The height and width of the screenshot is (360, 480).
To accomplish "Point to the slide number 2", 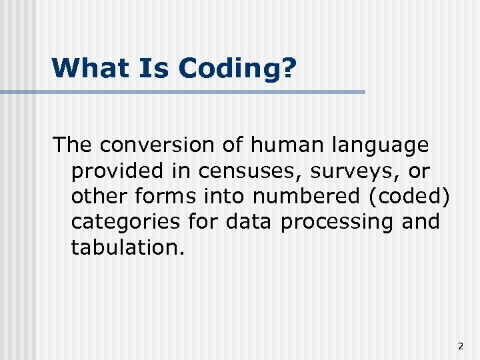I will tap(460, 346).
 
